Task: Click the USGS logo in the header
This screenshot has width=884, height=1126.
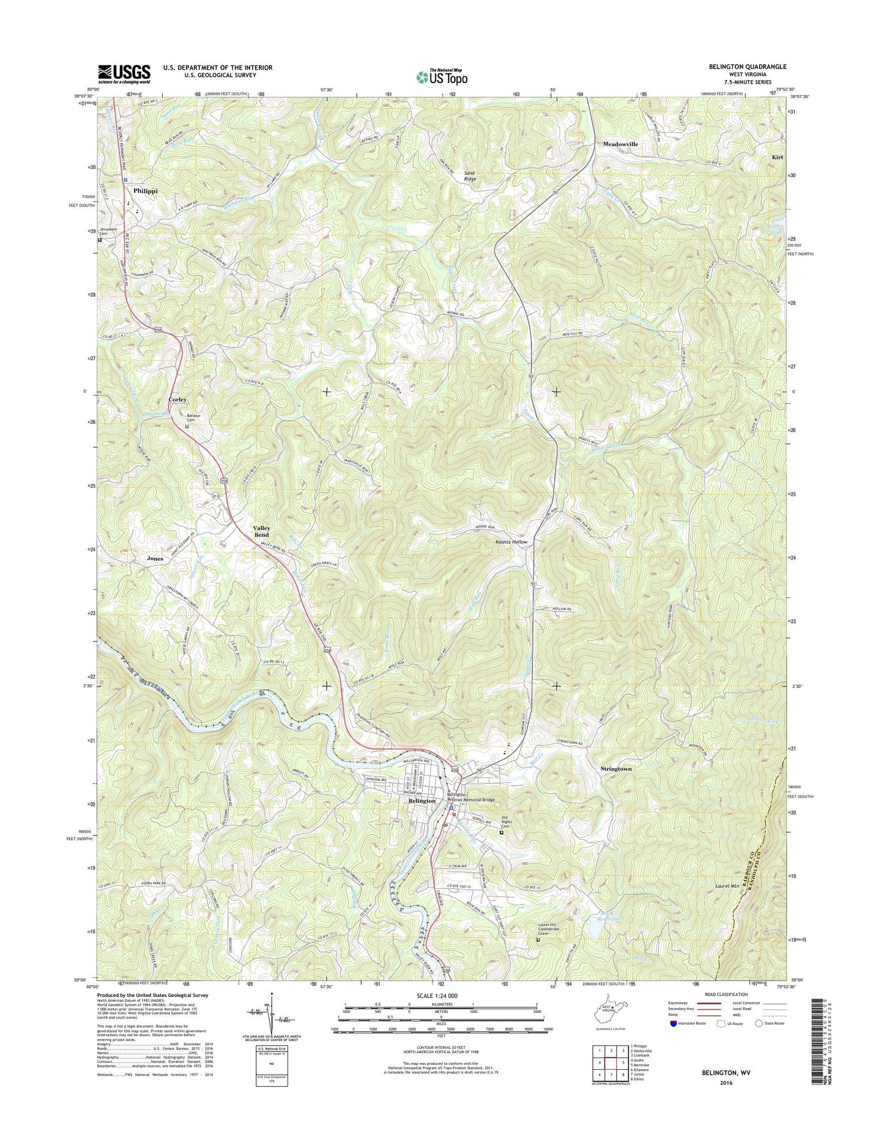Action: [124, 74]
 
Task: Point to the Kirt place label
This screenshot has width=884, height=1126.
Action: [777, 157]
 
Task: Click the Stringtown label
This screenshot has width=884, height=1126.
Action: [615, 768]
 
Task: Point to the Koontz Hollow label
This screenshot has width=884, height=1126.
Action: [511, 542]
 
